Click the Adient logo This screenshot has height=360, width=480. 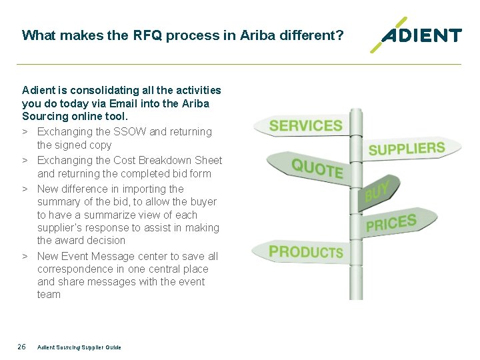(417, 35)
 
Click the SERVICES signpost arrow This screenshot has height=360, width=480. (305, 126)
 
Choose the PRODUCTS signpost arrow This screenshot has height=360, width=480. (305, 252)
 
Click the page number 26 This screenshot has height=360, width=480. (21, 347)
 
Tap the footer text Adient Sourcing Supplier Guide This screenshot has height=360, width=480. (79, 347)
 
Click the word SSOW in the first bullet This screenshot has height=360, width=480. (131, 132)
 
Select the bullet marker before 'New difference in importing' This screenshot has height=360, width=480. (24, 189)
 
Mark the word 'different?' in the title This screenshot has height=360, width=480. (313, 35)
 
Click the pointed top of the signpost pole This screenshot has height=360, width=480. (356, 113)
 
